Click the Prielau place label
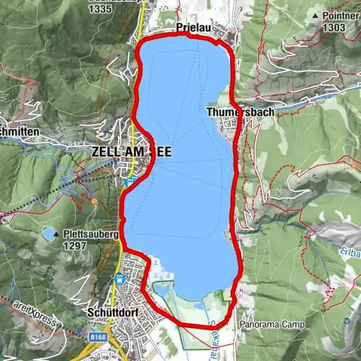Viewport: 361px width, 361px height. pos(193,28)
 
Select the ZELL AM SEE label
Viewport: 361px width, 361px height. pos(131,152)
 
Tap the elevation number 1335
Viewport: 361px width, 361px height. pos(101,10)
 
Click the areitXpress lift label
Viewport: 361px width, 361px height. pos(34,313)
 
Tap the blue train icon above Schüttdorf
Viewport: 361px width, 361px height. pos(118,279)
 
